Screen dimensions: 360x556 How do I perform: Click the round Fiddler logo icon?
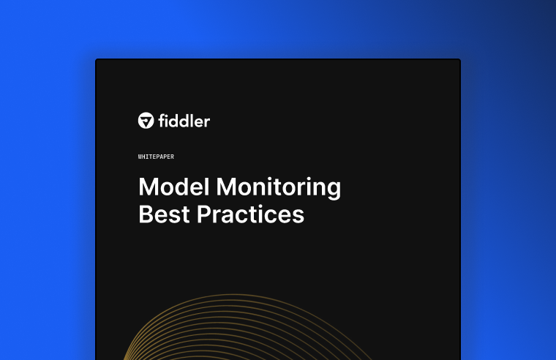point(146,121)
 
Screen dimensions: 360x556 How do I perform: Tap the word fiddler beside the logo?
point(184,121)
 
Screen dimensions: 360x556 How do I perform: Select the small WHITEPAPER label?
point(155,157)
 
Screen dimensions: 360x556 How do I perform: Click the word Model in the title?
point(173,187)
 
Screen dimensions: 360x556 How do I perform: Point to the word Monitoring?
point(278,188)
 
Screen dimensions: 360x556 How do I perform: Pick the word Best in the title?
point(164,214)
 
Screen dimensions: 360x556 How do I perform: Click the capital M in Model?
point(149,187)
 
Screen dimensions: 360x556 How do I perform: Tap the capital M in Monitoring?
point(227,187)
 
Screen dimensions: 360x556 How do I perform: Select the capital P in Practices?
point(204,214)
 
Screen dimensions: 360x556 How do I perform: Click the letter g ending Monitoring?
point(333,190)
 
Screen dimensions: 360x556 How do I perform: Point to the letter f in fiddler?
point(162,121)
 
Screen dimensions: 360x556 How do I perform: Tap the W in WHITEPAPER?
point(140,157)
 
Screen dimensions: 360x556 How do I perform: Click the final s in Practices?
point(298,217)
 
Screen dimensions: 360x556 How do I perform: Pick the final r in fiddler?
point(207,122)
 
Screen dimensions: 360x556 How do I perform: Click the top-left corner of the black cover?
point(97,60)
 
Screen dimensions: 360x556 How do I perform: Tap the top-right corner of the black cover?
point(459,60)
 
